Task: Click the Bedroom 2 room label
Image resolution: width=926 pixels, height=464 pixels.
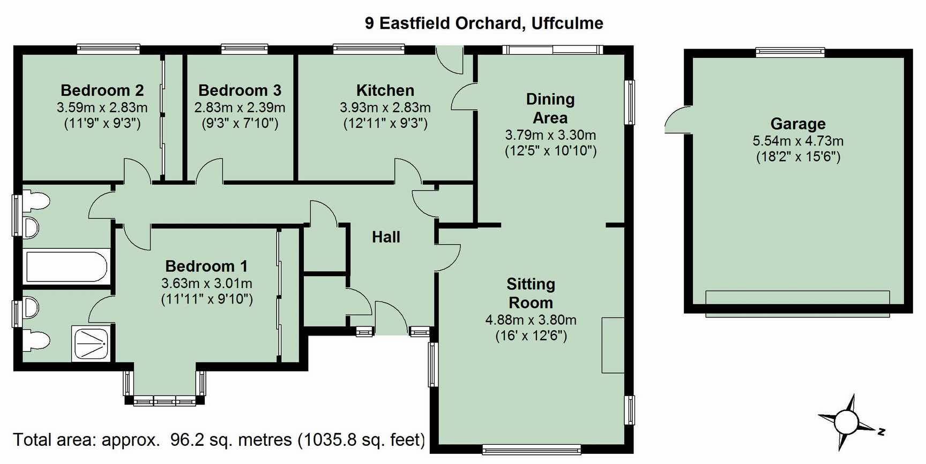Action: point(102,90)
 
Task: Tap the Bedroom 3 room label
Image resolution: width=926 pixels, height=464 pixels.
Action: point(240,90)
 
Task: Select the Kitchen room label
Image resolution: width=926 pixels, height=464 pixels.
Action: point(385,90)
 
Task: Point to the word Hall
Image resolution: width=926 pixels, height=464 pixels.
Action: point(386,237)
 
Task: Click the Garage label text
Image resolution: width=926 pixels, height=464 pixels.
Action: point(797,124)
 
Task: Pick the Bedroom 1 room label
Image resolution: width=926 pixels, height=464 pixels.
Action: point(206,266)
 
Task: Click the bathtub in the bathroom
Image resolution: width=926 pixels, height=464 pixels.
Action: point(67,267)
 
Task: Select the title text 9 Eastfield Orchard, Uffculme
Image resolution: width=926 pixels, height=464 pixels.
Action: point(484,23)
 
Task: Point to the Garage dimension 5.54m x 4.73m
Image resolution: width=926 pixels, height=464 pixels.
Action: point(797,141)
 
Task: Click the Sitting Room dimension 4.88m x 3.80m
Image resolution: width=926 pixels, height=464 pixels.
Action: point(531,320)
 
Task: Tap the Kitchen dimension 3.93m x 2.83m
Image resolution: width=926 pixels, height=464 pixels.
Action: point(385,108)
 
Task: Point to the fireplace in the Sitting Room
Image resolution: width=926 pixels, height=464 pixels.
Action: point(613,345)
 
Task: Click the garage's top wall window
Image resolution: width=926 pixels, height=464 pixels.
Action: point(790,52)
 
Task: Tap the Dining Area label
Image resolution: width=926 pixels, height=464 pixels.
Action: point(550,108)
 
